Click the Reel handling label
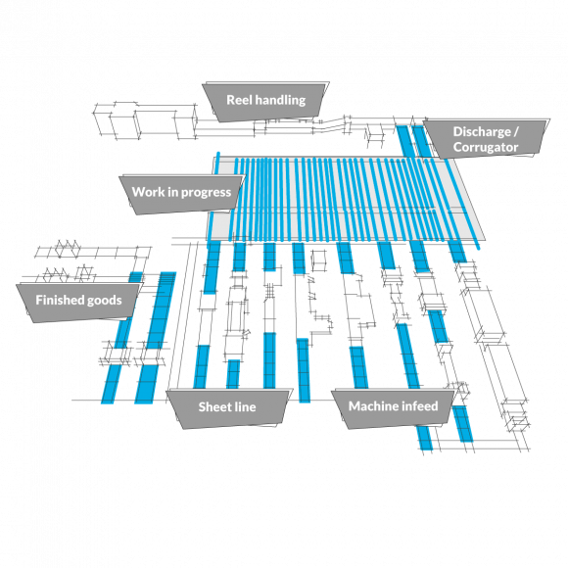[266, 101]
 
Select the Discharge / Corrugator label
[486, 139]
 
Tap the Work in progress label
[181, 192]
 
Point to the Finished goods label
[78, 301]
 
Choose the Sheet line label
[227, 407]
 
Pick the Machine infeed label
[394, 406]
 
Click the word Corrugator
[486, 148]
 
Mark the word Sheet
[212, 406]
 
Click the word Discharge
[482, 132]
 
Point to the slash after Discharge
[516, 132]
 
